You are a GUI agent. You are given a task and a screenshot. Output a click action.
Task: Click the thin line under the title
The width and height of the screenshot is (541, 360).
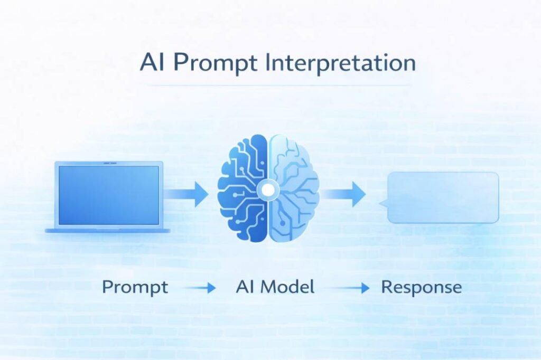point(278,85)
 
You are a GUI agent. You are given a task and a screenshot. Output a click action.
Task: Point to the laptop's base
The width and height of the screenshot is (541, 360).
point(108,230)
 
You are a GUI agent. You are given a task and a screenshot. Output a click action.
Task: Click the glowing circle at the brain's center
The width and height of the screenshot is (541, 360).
point(268,189)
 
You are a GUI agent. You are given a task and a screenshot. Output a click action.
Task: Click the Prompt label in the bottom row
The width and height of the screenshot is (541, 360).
point(135,288)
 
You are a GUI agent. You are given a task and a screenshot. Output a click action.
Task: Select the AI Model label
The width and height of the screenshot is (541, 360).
point(275,287)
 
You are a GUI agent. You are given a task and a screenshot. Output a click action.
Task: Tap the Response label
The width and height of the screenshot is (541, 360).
point(421,288)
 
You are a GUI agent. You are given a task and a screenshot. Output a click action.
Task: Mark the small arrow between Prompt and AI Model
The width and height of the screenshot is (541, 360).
point(201,288)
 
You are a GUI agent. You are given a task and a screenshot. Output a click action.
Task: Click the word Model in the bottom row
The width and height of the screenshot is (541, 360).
point(287,287)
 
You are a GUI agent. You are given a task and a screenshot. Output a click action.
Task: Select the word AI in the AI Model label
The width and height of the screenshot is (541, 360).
point(243,287)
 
